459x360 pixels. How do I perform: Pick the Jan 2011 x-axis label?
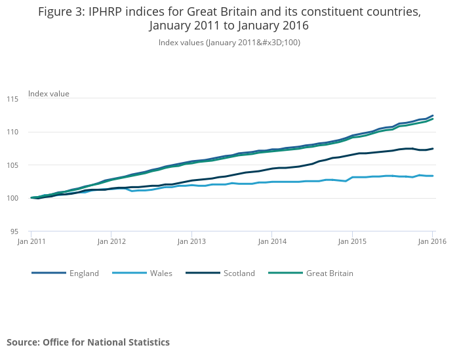[x=31, y=242]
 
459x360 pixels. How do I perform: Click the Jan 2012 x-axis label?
[x=111, y=242]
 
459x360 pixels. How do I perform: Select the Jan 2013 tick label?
[x=191, y=242]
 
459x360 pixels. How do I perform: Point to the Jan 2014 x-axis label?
[x=272, y=242]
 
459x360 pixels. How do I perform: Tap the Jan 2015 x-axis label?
[x=352, y=242]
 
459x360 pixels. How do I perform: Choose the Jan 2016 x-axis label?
[x=432, y=242]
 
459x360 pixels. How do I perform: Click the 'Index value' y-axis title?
[x=49, y=94]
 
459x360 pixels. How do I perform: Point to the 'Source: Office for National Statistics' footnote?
[x=88, y=342]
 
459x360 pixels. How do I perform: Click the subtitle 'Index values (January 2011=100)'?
[x=229, y=43]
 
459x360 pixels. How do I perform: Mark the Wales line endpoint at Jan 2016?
[x=432, y=176]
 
